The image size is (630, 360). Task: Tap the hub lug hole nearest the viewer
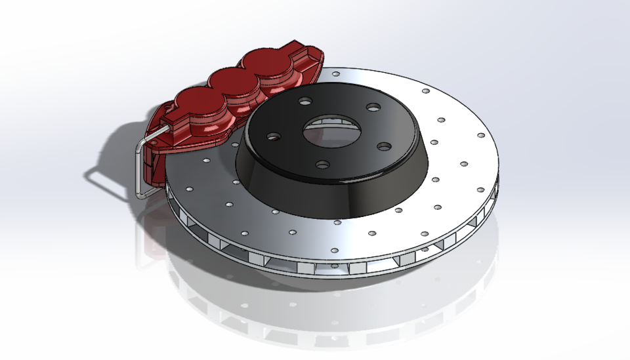tap(322, 165)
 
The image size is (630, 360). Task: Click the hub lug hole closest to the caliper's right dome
tap(306, 102)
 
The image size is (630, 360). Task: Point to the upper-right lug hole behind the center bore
tap(372, 107)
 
